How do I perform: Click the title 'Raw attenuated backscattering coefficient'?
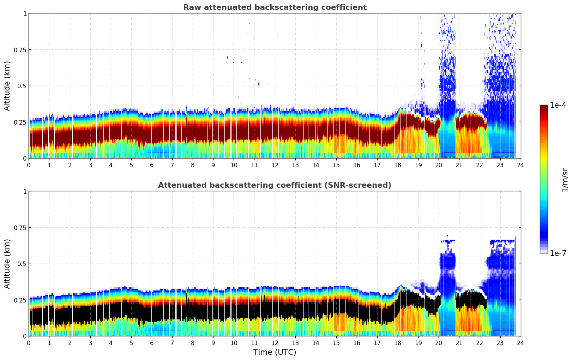(x=275, y=7)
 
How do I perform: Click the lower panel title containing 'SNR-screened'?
(x=275, y=185)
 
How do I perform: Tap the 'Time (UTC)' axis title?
(x=275, y=352)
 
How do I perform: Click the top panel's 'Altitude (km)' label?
(x=7, y=86)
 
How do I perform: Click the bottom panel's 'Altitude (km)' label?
(x=7, y=264)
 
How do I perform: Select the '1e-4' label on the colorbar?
(x=558, y=105)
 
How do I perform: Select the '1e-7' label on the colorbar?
(x=558, y=253)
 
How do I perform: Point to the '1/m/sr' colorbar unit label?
(x=565, y=179)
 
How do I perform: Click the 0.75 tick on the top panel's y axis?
(x=20, y=50)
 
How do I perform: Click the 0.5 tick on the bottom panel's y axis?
(x=22, y=264)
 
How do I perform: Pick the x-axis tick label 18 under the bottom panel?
(x=398, y=343)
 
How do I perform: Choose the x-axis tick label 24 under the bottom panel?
(x=520, y=343)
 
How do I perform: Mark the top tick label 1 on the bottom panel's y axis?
(x=25, y=192)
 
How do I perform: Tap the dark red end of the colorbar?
(x=543, y=107)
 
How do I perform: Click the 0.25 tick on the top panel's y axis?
(x=20, y=122)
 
